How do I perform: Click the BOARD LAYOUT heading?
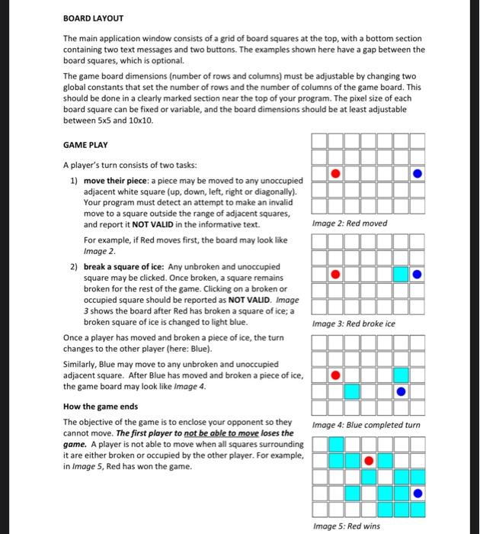tap(93, 18)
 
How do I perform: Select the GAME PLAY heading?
tap(85, 145)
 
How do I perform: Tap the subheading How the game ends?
tap(101, 407)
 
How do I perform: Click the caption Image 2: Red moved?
tap(350, 224)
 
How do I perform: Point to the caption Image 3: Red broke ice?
tap(354, 323)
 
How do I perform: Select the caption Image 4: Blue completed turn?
tap(366, 425)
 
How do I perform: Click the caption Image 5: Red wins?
tap(347, 526)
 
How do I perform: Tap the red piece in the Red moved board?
tap(334, 174)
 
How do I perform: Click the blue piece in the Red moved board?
tap(417, 174)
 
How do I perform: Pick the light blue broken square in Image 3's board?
tap(400, 274)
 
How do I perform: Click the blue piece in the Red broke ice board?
tap(417, 274)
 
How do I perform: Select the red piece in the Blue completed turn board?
tap(334, 375)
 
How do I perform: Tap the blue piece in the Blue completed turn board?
tap(401, 391)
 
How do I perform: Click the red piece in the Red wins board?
tap(368, 460)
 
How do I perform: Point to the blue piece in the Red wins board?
tap(417, 493)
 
